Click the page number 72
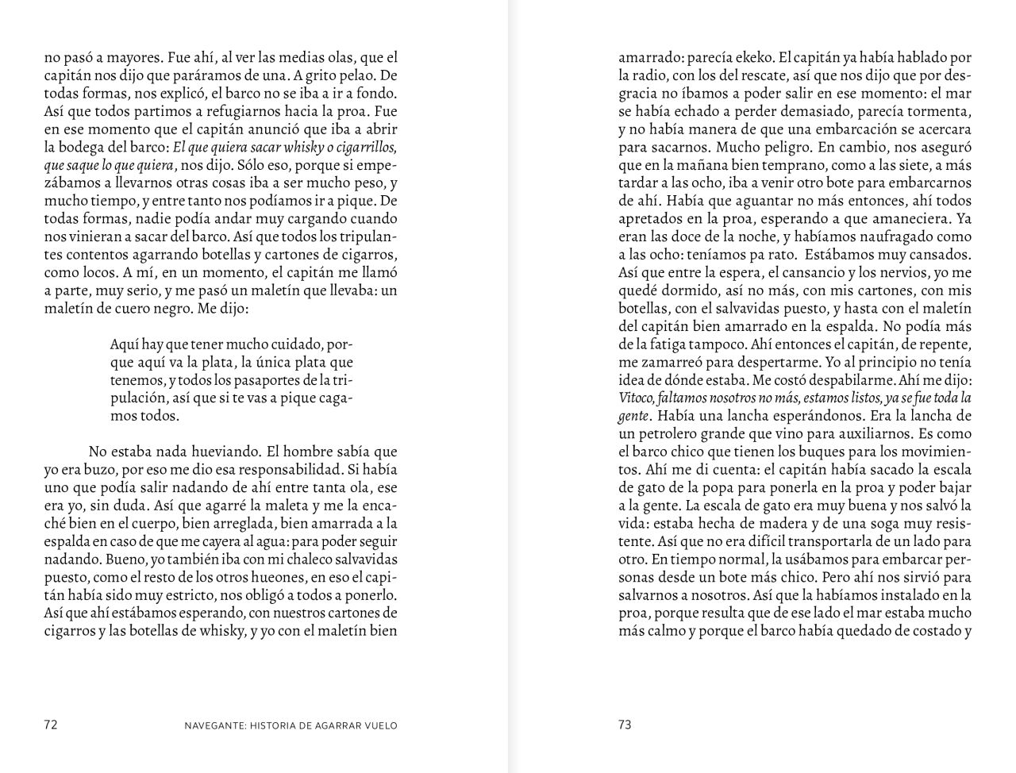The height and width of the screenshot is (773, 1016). coord(51,725)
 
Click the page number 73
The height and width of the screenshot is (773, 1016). coord(625,725)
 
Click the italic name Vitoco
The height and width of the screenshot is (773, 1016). coord(636,398)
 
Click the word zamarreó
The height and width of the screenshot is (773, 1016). coord(667,362)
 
